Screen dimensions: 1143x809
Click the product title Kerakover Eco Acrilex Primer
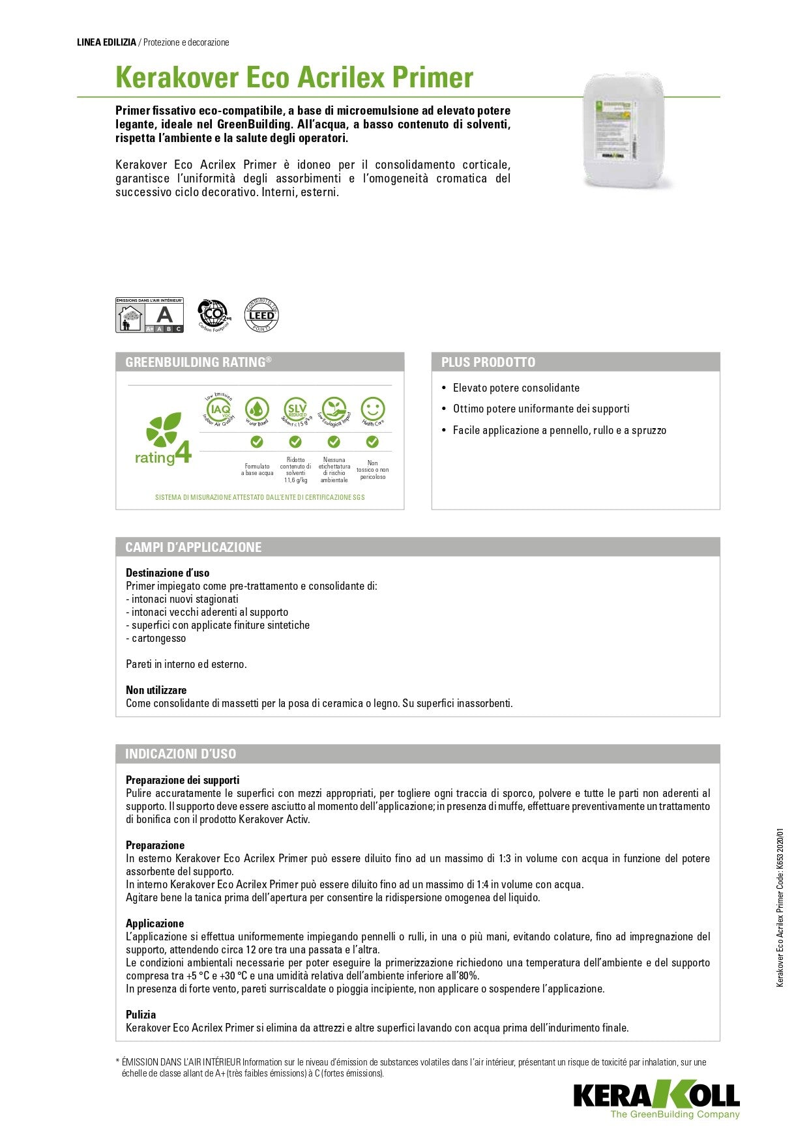coord(294,78)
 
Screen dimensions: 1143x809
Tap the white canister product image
coord(625,129)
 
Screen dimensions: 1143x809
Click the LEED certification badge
coord(261,315)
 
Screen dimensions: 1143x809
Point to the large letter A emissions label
coord(165,314)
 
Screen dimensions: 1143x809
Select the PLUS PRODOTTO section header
coord(488,362)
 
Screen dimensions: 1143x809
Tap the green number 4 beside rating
coord(183,452)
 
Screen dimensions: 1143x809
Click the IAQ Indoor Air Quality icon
coord(218,410)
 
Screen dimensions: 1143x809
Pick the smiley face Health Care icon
coord(372,410)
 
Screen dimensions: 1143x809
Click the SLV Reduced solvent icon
coord(296,410)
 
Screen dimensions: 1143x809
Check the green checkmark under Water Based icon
coord(257,442)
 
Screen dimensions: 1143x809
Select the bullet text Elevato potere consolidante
coord(516,388)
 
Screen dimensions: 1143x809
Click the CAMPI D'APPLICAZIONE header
coord(194,547)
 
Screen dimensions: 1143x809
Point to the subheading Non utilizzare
coord(156,690)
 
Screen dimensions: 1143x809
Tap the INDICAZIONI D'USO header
coord(181,754)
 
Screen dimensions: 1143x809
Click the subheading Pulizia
coord(141,1015)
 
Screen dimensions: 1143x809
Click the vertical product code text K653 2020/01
coord(780,854)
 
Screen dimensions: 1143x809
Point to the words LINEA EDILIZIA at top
coord(106,42)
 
